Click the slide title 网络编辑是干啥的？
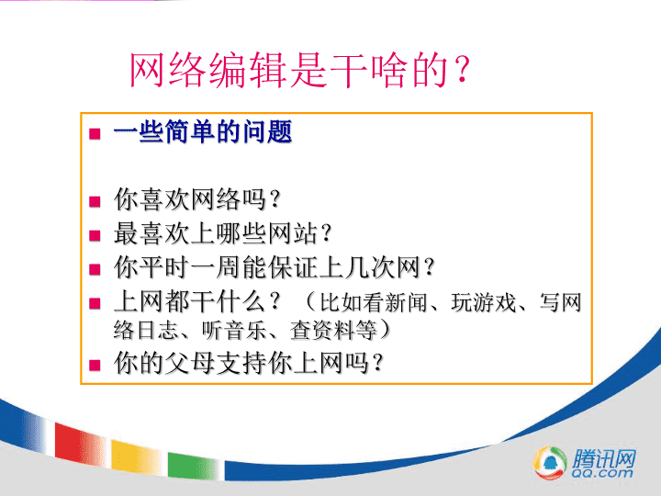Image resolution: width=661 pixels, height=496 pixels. [x=299, y=70]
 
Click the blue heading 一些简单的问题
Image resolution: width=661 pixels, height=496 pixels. [x=203, y=131]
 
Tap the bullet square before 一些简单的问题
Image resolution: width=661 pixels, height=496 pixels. [x=95, y=134]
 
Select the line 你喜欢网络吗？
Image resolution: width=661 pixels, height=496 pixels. [x=197, y=199]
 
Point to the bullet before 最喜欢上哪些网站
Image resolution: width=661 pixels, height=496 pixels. [x=95, y=235]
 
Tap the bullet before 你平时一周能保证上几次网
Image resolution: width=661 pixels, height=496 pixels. [x=95, y=268]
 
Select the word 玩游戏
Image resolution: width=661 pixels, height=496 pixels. [x=484, y=302]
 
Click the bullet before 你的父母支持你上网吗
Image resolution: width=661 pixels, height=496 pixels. [x=95, y=365]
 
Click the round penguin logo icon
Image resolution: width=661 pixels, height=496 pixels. [x=550, y=463]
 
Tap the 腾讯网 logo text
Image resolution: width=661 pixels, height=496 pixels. [x=604, y=458]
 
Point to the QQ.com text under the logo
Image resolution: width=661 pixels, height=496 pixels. [x=602, y=473]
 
